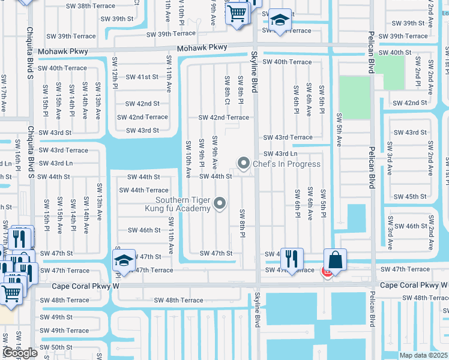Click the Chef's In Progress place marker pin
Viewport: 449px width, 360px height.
244,163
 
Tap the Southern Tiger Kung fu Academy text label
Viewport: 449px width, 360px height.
183,204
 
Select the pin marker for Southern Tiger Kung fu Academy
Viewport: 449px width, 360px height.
220,204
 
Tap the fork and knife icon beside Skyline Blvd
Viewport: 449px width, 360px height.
291,259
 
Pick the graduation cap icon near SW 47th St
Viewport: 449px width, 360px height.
123,260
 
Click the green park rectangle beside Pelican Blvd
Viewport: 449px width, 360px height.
355,97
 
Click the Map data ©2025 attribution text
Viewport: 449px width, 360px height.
423,355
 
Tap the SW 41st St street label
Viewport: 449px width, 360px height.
142,77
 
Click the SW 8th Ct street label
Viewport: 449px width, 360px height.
227,90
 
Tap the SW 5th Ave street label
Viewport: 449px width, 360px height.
339,129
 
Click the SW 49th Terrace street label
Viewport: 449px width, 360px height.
64,331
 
